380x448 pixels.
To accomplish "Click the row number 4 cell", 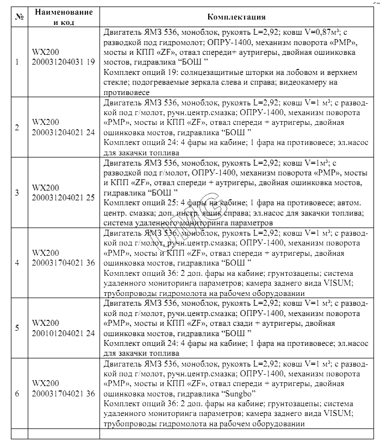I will [17, 263].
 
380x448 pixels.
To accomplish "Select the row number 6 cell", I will [17, 393].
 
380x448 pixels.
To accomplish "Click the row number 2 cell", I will [17, 128].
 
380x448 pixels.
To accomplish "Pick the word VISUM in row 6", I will [341, 414].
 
